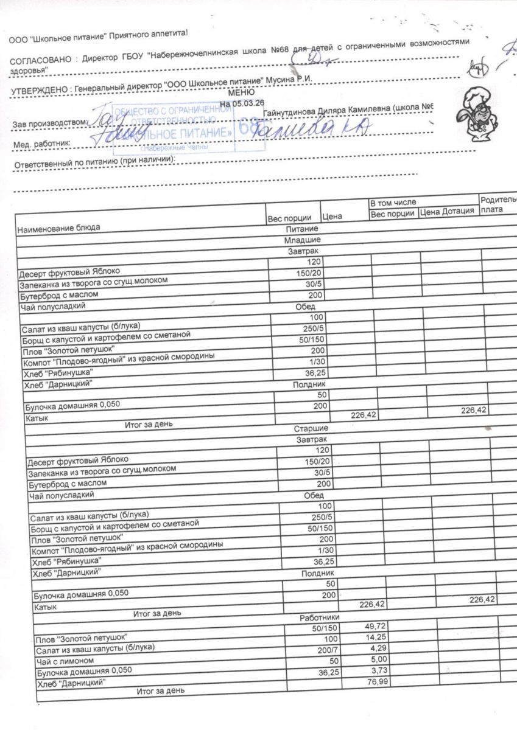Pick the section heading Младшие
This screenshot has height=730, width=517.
pos(308,240)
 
